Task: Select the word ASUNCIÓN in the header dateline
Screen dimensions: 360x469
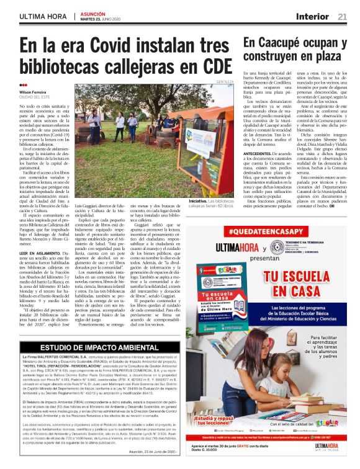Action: (x=94, y=12)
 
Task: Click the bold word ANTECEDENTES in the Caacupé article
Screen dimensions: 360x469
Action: (x=259, y=157)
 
